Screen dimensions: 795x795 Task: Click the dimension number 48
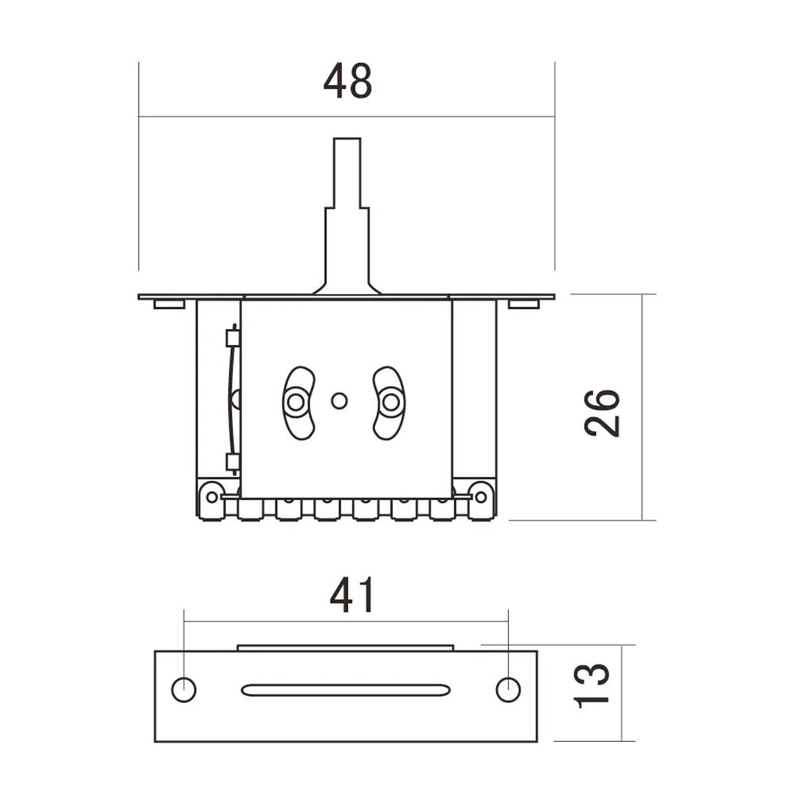[347, 81]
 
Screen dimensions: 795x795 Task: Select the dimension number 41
[352, 595]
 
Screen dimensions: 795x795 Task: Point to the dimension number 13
[591, 685]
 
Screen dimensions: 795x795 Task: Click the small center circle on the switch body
[339, 401]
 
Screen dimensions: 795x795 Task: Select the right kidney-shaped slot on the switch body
[389, 403]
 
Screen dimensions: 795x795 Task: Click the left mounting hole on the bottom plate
[184, 690]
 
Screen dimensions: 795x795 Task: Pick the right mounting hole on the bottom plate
[508, 690]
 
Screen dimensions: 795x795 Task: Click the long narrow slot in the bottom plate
[346, 690]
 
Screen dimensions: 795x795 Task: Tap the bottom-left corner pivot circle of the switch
[212, 496]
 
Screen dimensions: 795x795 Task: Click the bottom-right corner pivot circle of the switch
[480, 496]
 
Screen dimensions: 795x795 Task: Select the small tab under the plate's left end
[169, 304]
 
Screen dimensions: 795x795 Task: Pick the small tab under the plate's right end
[524, 304]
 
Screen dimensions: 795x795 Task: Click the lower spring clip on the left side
[232, 462]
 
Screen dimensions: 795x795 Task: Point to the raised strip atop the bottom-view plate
[346, 648]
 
